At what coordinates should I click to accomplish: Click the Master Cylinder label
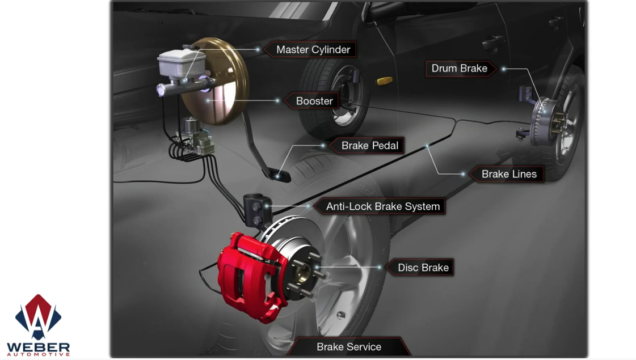click(x=313, y=49)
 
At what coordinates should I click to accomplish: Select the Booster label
click(x=314, y=101)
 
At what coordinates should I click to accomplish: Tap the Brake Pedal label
click(x=369, y=146)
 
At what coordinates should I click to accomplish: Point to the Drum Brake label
click(x=460, y=69)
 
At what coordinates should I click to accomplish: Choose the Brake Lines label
click(x=509, y=174)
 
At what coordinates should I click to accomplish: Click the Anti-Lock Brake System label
click(x=382, y=206)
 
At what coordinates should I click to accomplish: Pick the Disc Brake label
click(x=423, y=268)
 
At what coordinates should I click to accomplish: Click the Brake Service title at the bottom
click(x=349, y=347)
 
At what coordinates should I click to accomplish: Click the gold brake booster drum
click(x=216, y=81)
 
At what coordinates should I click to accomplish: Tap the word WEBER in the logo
click(x=38, y=348)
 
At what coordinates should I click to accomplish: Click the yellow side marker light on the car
click(x=385, y=81)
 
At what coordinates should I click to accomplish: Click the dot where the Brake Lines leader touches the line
click(x=427, y=146)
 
